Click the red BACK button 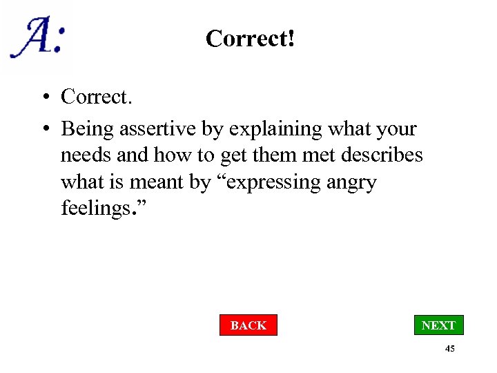[248, 325]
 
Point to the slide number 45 [449, 350]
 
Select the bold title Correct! [251, 39]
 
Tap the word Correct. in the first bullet [96, 97]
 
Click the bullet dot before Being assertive [43, 129]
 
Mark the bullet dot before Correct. [43, 97]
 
